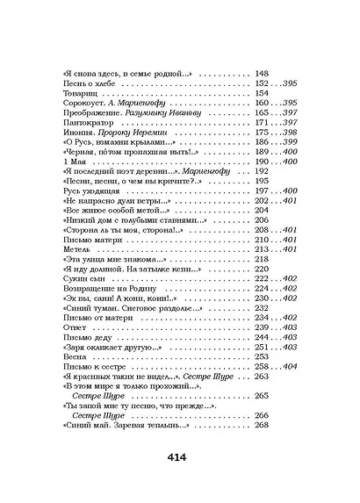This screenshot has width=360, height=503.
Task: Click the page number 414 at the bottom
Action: point(179,456)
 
